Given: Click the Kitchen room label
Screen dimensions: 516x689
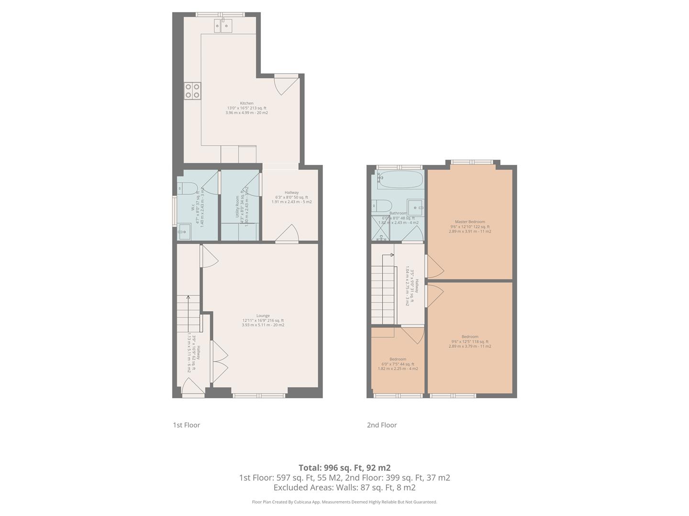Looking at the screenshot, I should click(246, 104).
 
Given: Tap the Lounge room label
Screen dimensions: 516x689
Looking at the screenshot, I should click(263, 316).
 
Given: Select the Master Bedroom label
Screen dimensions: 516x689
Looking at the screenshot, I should click(470, 222).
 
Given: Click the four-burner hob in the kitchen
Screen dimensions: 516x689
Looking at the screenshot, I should click(192, 91).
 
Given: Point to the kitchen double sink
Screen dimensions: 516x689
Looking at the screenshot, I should click(223, 25).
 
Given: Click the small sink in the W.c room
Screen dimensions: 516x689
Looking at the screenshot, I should click(184, 233).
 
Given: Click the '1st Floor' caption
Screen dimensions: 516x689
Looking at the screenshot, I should click(186, 425).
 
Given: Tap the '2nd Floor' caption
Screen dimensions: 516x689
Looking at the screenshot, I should click(381, 425).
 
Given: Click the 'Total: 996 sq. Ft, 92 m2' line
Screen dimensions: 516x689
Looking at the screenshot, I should click(344, 468).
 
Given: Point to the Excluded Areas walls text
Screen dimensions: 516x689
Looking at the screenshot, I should click(344, 488).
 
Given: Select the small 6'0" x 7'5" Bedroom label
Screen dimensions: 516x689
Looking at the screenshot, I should click(398, 359).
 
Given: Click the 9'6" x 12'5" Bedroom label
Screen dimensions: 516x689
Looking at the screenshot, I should click(470, 337).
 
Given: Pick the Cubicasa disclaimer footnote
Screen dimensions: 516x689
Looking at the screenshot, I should click(344, 502).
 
